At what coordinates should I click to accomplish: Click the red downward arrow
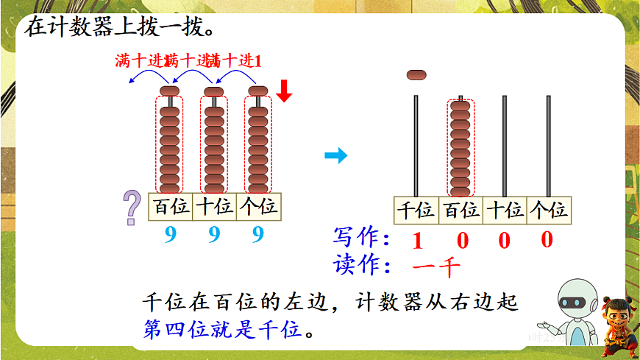[285, 91]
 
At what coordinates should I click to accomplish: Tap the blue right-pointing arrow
[335, 155]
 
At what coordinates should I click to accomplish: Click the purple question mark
[132, 207]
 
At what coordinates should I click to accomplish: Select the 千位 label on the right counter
[416, 211]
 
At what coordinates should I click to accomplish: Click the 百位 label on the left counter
[170, 207]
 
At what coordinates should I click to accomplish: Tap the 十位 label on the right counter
[505, 211]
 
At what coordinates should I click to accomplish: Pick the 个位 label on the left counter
[258, 207]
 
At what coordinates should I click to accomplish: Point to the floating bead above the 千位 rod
[416, 74]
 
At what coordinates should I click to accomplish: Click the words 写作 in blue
[360, 239]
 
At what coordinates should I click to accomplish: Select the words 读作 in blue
[360, 265]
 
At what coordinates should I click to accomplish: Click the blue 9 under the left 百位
[171, 235]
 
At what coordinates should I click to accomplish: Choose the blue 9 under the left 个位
[257, 235]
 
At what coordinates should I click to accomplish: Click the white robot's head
[573, 300]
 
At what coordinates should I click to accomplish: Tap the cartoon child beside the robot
[614, 323]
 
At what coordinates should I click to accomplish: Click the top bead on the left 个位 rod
[257, 91]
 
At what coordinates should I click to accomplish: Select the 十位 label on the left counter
[214, 207]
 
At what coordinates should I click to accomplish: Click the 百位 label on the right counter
[461, 211]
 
